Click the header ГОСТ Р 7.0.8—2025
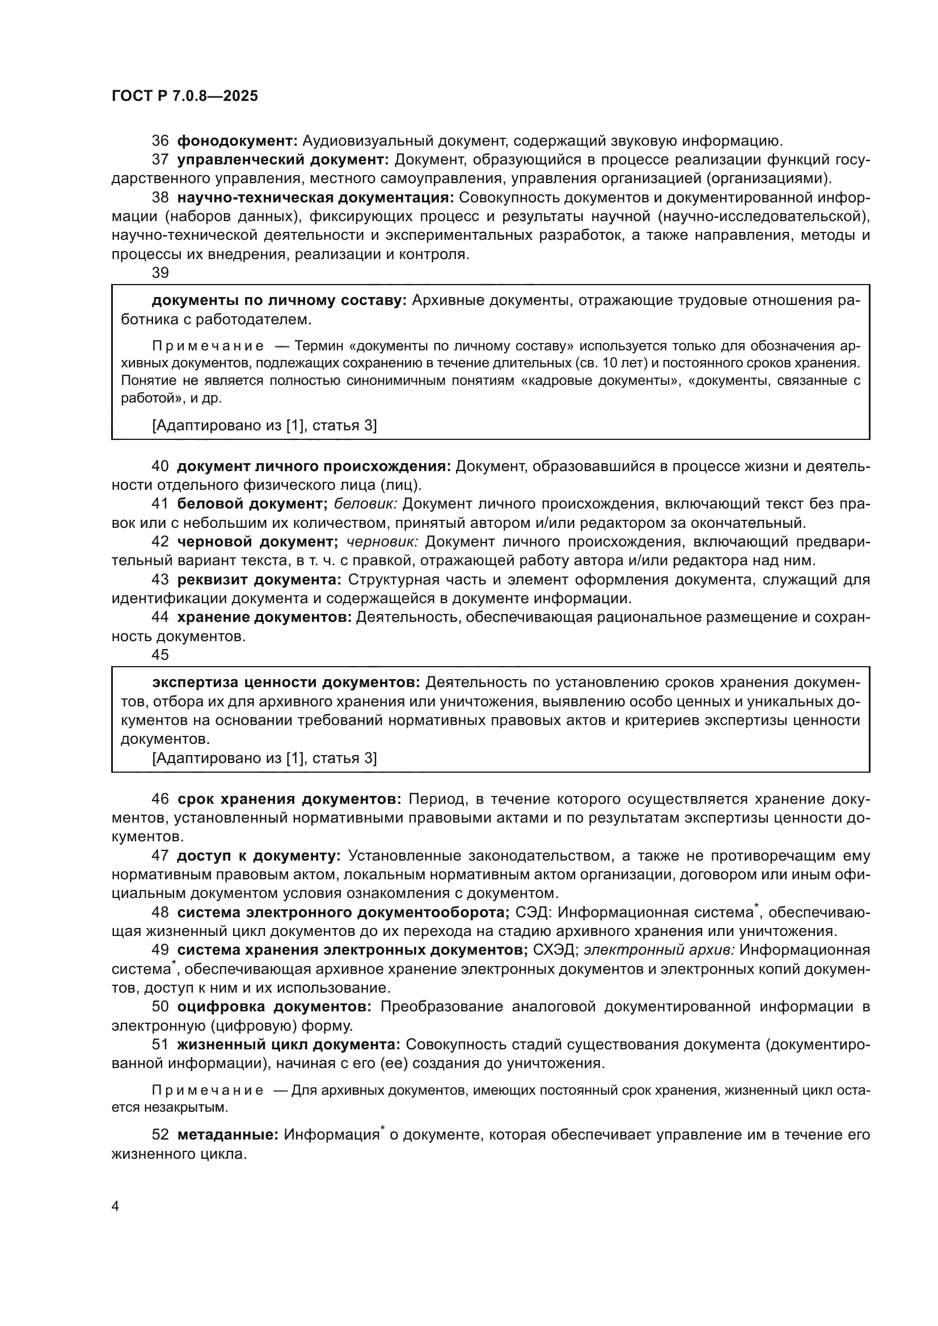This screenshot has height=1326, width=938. pyautogui.click(x=185, y=96)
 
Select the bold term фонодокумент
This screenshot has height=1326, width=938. pyautogui.click(x=237, y=141)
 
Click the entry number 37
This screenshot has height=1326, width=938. pyautogui.click(x=160, y=160)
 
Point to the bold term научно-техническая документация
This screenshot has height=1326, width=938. pyautogui.click(x=315, y=198)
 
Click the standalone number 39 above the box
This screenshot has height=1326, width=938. pyautogui.click(x=160, y=273)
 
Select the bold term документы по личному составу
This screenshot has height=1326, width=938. pyautogui.click(x=280, y=300)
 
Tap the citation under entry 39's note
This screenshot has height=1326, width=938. pyautogui.click(x=264, y=426)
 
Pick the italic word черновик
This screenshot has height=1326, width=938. pyautogui.click(x=382, y=542)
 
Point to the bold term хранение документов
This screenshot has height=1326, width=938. pyautogui.click(x=264, y=617)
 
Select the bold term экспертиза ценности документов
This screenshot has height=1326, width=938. pyautogui.click(x=286, y=683)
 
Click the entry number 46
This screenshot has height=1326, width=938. pyautogui.click(x=160, y=799)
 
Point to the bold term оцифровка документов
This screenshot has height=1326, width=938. pyautogui.click(x=274, y=1007)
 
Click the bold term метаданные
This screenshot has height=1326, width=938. pyautogui.click(x=227, y=1135)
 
